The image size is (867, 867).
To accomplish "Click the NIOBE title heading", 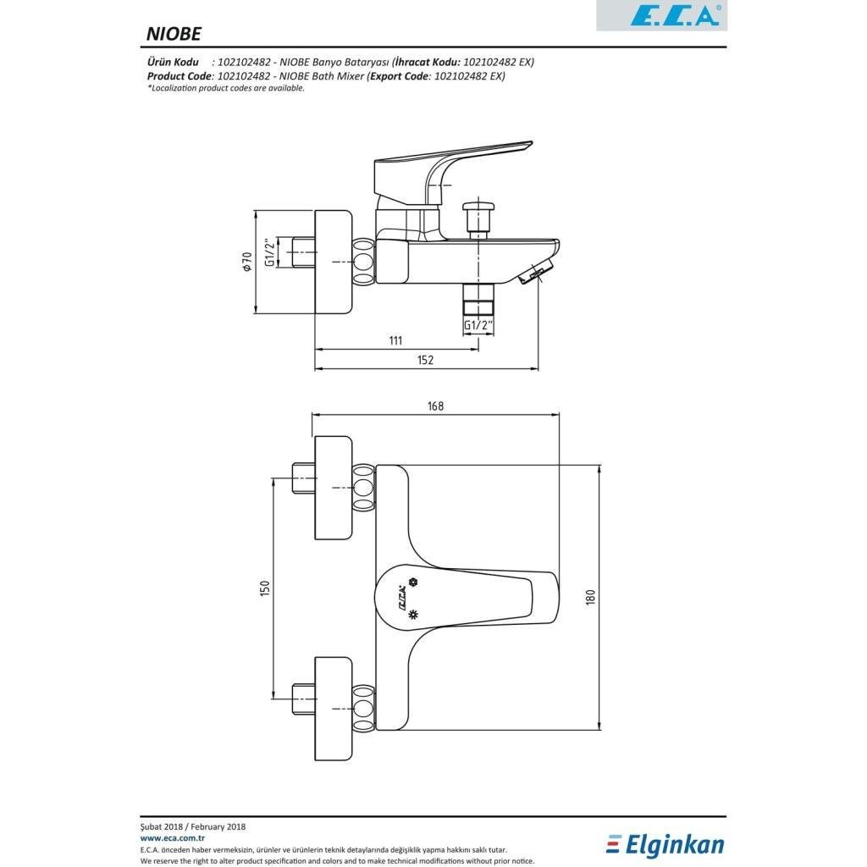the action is click(173, 34).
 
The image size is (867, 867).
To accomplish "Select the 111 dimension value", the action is click(395, 340).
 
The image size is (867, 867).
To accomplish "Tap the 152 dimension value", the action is click(425, 360).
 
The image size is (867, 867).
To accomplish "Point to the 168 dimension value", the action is click(436, 406).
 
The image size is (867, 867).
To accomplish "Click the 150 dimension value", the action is click(265, 588).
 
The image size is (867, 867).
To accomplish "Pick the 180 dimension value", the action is click(591, 597).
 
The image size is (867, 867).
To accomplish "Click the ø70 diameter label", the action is click(246, 261).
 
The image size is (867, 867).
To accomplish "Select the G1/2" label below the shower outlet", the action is click(478, 325).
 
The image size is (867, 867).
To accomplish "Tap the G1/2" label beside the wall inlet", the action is click(270, 252).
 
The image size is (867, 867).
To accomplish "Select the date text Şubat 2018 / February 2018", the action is click(193, 826).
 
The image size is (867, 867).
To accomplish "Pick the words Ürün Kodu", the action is click(173, 62).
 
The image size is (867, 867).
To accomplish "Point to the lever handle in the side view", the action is click(454, 167).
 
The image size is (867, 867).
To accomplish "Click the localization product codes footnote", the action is click(225, 88).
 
